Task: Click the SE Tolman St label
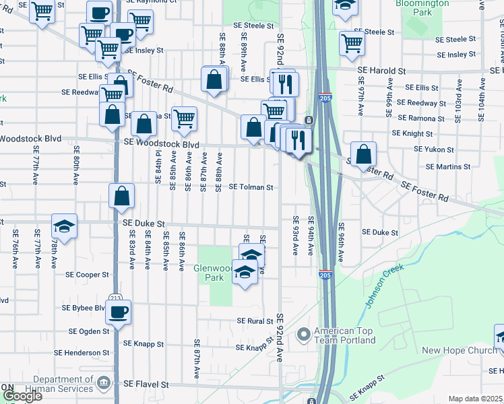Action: pyautogui.click(x=251, y=187)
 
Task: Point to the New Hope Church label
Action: pyautogui.click(x=459, y=350)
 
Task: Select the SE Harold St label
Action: pyautogui.click(x=381, y=70)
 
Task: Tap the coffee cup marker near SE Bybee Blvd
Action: pyautogui.click(x=119, y=312)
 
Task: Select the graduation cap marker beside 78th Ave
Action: pyautogui.click(x=65, y=226)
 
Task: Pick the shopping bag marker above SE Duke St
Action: pyautogui.click(x=122, y=197)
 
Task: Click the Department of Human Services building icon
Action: pyautogui.click(x=103, y=384)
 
